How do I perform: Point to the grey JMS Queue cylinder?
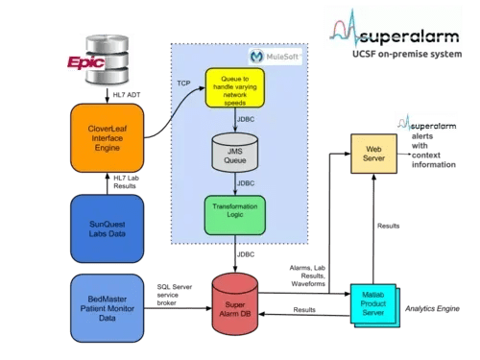(233, 155)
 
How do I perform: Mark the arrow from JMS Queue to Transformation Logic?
(233, 182)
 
